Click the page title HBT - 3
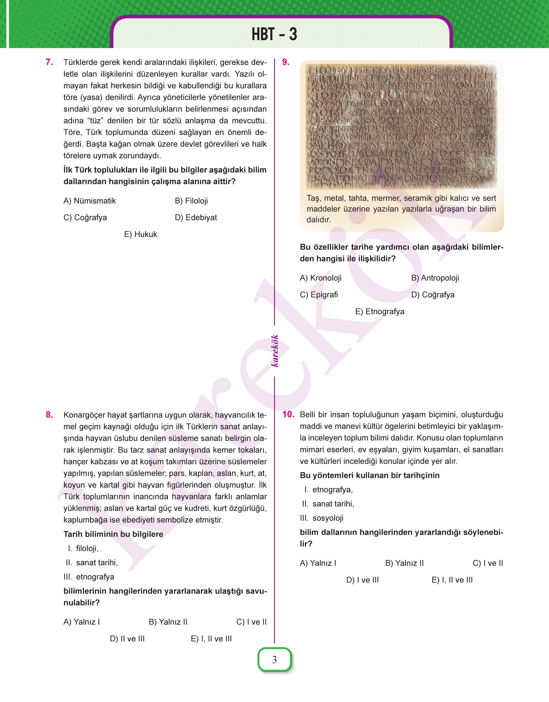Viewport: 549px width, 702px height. [274, 34]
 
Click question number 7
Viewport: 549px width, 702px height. [49, 62]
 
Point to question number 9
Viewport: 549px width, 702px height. [286, 62]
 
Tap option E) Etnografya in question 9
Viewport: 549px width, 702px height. [380, 312]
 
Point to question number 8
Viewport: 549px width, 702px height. [49, 415]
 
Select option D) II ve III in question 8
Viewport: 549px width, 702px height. [127, 639]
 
